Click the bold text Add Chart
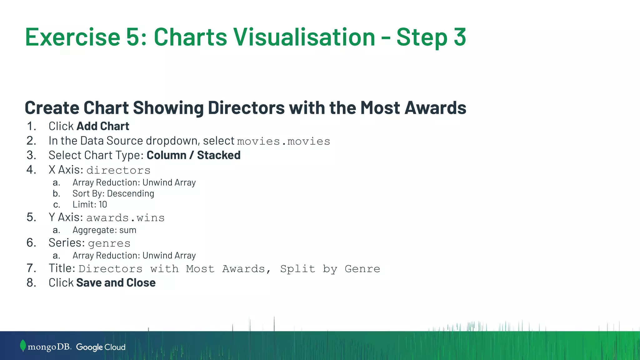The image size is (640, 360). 103,126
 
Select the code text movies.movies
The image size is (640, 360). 283,141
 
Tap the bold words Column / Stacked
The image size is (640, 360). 193,155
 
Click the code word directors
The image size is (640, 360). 118,170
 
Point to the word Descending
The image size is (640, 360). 131,194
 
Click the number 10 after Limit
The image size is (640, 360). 103,205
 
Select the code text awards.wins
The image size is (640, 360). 125,218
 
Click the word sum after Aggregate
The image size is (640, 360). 128,230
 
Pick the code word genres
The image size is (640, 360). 109,243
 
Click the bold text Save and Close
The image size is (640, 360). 116,283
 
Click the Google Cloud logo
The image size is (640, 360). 101,347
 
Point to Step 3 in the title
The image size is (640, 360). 431,37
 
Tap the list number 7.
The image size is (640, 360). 31,268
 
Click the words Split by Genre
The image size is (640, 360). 330,269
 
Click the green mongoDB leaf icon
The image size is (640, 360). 23,346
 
